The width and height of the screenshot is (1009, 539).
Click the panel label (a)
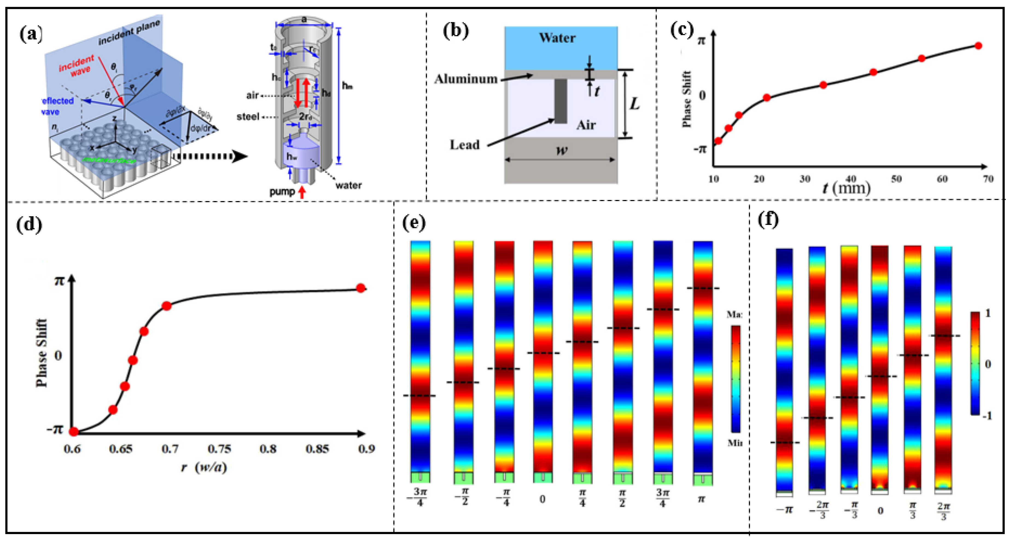pos(31,34)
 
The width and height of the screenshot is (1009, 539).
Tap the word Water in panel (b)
pos(557,38)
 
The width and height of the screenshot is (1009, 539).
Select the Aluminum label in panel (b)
pos(466,79)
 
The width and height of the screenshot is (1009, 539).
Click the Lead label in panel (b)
pos(465,145)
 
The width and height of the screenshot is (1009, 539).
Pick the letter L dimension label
pos(634,104)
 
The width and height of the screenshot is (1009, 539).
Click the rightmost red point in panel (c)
pos(978,46)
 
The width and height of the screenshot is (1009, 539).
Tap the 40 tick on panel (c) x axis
pos(850,179)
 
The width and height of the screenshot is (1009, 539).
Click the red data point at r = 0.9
pos(361,288)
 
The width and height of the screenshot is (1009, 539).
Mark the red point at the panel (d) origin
pos(74,431)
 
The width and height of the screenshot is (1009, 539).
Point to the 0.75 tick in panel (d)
pos(219,449)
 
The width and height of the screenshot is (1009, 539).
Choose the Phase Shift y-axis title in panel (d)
pos(42,353)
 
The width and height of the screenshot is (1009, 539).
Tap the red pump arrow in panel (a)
pos(302,192)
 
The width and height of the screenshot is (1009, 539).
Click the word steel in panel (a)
pos(248,117)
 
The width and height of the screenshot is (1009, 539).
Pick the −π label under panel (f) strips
pos(784,510)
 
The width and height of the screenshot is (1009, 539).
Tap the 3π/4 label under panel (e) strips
pos(662,498)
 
